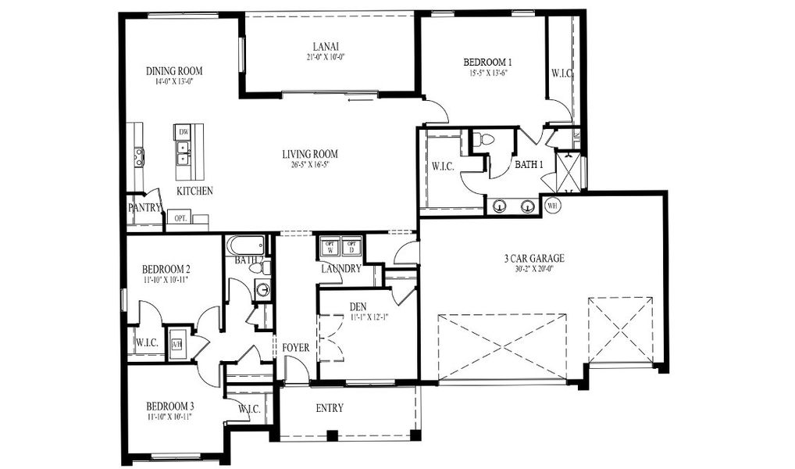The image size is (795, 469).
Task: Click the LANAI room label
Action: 326,46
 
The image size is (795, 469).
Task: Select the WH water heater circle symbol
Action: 552,206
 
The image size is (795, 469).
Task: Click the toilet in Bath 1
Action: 484,140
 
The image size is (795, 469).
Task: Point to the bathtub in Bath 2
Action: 245,247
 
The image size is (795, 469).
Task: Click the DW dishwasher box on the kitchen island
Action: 183,132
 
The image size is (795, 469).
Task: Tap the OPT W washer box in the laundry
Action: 330,247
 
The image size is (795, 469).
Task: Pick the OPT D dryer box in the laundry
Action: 351,247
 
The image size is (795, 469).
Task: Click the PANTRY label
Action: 144,208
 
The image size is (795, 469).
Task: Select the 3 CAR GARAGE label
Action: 534,258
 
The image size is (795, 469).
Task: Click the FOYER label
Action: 296,347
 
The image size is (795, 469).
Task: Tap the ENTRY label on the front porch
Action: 329,408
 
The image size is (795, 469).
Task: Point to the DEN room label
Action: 359,306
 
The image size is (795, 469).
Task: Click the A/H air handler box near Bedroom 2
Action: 176,342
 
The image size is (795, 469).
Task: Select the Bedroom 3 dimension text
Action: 169,417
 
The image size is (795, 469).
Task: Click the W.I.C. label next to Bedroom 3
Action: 248,409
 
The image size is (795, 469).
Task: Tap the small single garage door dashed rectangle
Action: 620,330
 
